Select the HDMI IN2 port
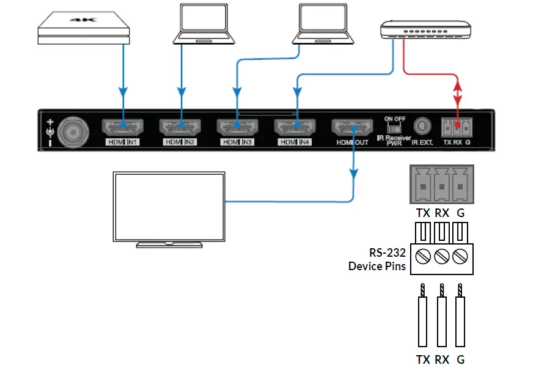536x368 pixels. (180, 128)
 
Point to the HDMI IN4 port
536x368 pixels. (296, 128)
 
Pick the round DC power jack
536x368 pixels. (72, 130)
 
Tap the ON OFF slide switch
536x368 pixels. (394, 129)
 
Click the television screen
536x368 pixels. (169, 205)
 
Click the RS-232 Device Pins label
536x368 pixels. (377, 259)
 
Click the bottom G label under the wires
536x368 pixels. (461, 359)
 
